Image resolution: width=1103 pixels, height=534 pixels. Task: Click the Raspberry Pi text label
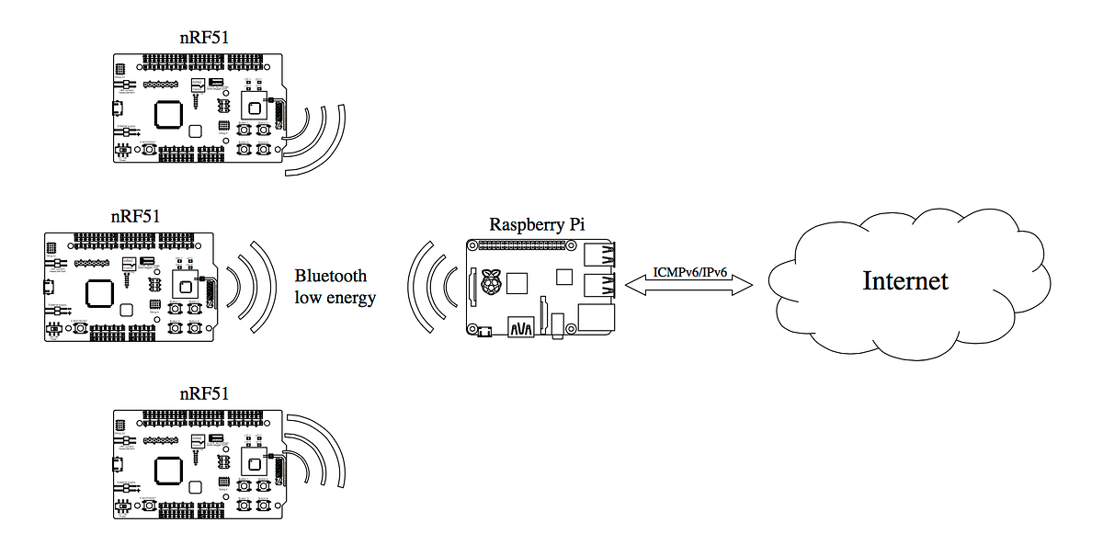tap(537, 224)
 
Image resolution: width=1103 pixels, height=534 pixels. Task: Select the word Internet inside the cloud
tap(904, 280)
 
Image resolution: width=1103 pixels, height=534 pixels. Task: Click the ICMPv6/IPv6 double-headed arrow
tap(688, 285)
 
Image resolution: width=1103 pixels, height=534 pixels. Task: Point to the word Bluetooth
tap(330, 276)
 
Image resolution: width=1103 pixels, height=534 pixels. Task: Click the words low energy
tap(335, 298)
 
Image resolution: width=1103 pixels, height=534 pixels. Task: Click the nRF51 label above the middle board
tap(135, 218)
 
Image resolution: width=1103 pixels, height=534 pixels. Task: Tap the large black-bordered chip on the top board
tap(168, 114)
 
